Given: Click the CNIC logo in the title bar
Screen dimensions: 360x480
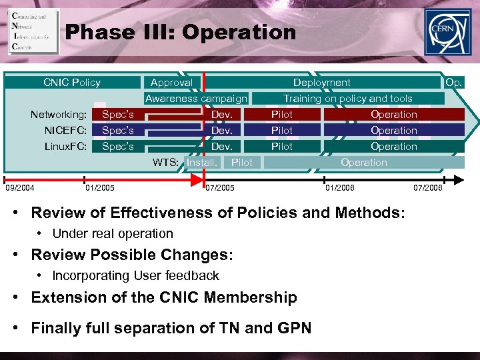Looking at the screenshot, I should [x=33, y=31].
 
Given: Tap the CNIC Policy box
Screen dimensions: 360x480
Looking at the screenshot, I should [x=72, y=83].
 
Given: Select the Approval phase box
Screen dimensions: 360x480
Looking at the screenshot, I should [x=171, y=83].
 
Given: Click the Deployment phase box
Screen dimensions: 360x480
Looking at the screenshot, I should [x=322, y=83].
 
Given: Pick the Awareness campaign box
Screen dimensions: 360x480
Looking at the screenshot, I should [x=196, y=99].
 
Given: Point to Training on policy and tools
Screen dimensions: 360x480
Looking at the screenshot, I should [x=348, y=99].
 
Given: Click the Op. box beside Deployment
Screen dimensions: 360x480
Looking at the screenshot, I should [x=454, y=83].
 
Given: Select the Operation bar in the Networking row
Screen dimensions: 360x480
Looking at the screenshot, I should [x=394, y=115].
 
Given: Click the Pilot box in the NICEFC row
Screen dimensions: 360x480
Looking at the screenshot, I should [x=282, y=131].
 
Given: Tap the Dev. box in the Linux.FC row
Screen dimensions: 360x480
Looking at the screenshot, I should [x=221, y=147].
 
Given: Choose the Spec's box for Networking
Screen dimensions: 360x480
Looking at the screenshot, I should [x=118, y=115].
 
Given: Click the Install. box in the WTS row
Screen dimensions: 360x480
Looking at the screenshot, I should [x=201, y=163].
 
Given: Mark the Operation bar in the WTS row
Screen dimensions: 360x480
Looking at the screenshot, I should [x=364, y=163].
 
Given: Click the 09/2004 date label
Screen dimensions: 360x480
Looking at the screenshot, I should [x=21, y=189].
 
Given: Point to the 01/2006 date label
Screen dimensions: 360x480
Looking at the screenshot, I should [x=340, y=189].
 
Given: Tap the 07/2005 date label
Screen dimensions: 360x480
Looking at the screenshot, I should [x=220, y=189].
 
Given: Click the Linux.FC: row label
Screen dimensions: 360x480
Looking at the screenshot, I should [x=65, y=147].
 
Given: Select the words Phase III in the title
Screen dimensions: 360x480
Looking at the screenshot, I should [x=118, y=32].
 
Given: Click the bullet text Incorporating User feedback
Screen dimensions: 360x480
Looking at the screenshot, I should [x=135, y=275].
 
